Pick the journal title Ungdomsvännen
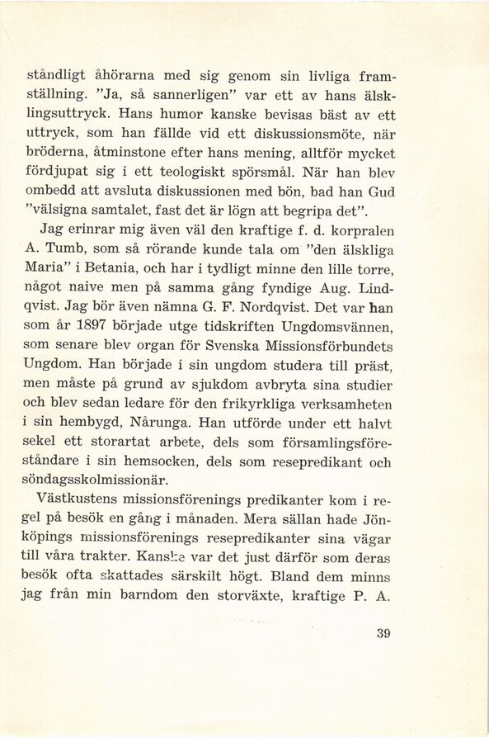click(x=343, y=330)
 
